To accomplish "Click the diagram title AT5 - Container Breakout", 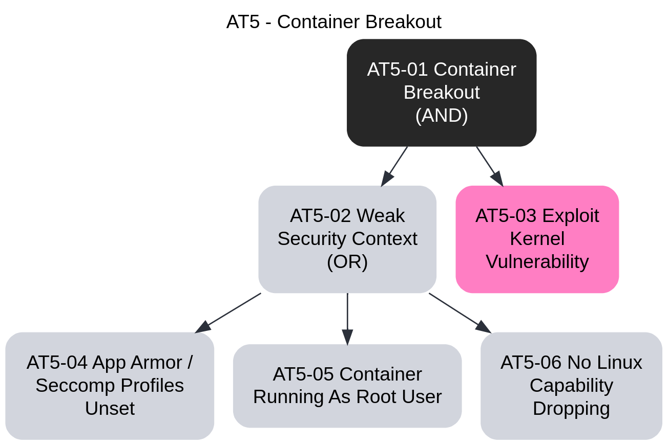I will pyautogui.click(x=333, y=22).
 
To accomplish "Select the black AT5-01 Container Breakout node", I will pyautogui.click(x=442, y=93).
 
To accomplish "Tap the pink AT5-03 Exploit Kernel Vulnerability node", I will pyautogui.click(x=537, y=239).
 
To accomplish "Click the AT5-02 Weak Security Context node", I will pyautogui.click(x=347, y=239).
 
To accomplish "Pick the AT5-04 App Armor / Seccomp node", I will pyautogui.click(x=110, y=386).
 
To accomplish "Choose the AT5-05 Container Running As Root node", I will pyautogui.click(x=347, y=386).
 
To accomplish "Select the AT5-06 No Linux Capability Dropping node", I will pyautogui.click(x=571, y=386).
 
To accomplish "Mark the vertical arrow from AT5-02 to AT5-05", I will pyautogui.click(x=347, y=317).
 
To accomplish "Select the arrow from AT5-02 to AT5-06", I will pyautogui.click(x=458, y=312).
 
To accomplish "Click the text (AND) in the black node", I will pyautogui.click(x=442, y=116).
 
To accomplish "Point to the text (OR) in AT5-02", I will pyautogui.click(x=347, y=262).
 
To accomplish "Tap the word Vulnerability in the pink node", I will pyautogui.click(x=537, y=262).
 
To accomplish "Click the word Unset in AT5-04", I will pyautogui.click(x=110, y=409).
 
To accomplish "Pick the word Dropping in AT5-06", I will pyautogui.click(x=571, y=409).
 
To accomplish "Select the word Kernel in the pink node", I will pyautogui.click(x=537, y=239).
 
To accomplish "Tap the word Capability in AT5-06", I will pyautogui.click(x=571, y=386).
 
